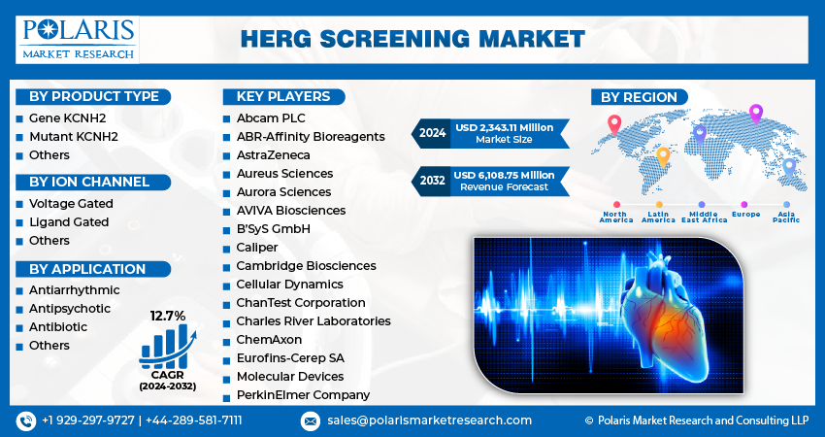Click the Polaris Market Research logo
[78, 38]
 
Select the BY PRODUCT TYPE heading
[93, 96]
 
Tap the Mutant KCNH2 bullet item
[73, 136]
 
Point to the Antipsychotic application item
[70, 308]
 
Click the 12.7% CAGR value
[167, 315]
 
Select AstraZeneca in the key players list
[273, 154]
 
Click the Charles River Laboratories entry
[313, 320]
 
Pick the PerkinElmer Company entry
[302, 395]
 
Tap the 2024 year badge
[433, 133]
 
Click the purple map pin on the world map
[756, 114]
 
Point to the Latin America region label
[658, 217]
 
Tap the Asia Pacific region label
[786, 217]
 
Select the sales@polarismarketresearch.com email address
[428, 420]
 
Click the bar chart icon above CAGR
[167, 346]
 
